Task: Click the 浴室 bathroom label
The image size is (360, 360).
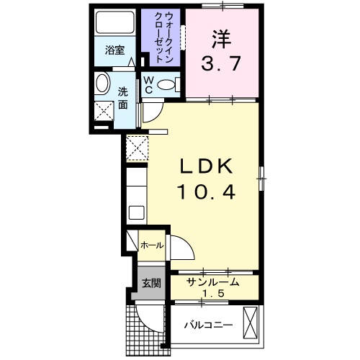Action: click(x=114, y=50)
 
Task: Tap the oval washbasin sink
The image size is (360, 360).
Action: click(x=102, y=83)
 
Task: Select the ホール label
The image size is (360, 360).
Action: click(x=151, y=246)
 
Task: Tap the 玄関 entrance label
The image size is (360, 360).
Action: click(x=150, y=282)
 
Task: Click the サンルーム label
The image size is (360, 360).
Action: click(x=213, y=282)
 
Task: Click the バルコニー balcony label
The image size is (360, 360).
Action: click(x=207, y=325)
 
